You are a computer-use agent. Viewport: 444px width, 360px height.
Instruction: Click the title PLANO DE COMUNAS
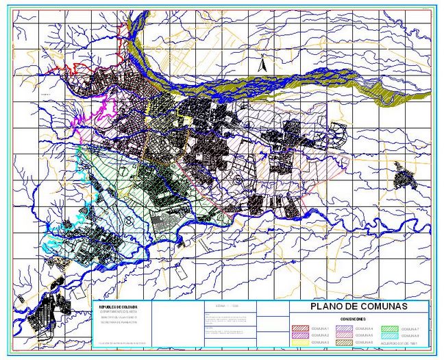pos(359,307)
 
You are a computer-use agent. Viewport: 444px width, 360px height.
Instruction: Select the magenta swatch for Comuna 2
pos(301,335)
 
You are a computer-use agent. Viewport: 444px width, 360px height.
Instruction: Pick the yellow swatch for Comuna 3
pos(301,341)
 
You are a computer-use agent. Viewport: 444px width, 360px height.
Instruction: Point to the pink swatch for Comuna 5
pos(343,335)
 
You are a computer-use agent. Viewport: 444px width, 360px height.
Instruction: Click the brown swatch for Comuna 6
pos(343,341)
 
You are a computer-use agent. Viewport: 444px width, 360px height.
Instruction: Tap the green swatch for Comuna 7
pos(388,330)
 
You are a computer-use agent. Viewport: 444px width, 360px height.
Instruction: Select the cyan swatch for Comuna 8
pos(388,335)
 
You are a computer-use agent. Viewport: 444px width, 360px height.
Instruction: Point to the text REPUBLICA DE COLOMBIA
pos(119,307)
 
